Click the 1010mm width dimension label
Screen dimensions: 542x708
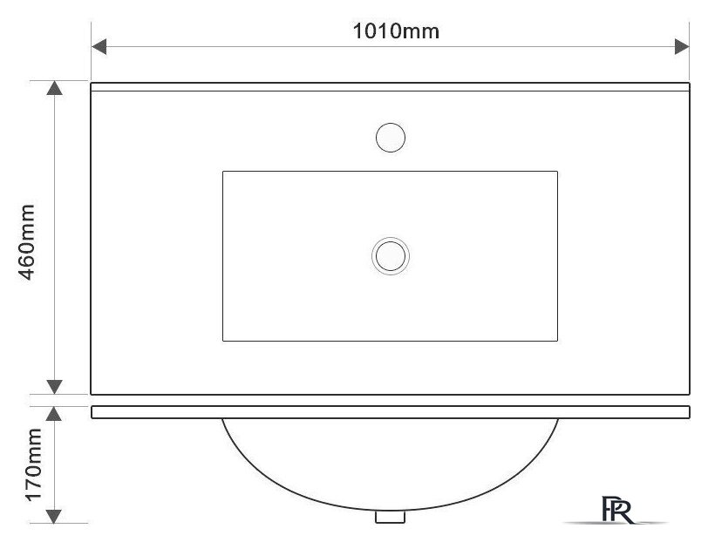click(396, 31)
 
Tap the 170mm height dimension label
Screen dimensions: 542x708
click(32, 464)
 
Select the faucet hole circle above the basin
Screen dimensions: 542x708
click(391, 138)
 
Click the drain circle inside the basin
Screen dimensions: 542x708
click(391, 255)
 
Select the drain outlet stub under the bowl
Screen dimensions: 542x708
click(388, 517)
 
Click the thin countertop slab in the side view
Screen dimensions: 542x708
click(391, 412)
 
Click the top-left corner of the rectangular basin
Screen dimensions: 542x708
click(223, 172)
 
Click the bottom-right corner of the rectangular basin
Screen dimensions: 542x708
click(557, 340)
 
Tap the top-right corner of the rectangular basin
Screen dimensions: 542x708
click(557, 172)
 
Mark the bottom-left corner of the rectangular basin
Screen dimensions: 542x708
click(223, 340)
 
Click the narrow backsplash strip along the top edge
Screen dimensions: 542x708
click(391, 87)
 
